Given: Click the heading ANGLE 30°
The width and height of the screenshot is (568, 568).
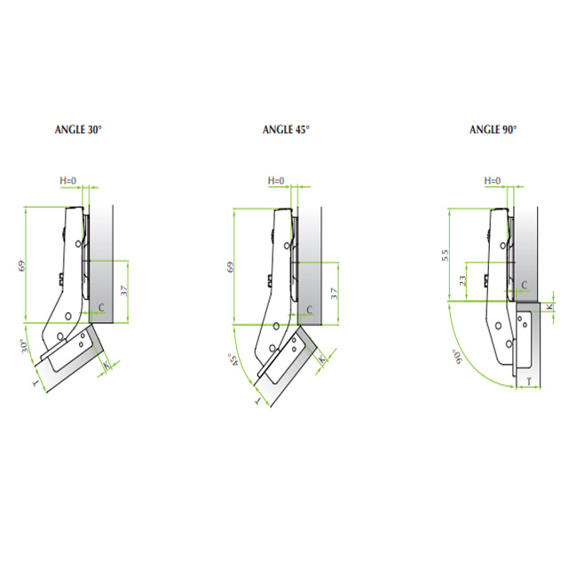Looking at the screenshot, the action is (78, 130).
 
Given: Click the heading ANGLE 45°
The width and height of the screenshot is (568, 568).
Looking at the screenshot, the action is (286, 130).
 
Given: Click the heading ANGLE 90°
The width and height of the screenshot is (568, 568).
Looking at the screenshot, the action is (493, 130).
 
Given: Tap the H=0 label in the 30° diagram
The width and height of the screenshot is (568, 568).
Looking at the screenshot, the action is (68, 180).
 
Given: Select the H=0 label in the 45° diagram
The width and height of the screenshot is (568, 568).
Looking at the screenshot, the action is (276, 180).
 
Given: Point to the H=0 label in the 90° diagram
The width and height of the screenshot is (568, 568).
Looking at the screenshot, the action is (493, 180).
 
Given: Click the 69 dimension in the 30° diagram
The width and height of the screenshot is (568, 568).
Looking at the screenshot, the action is (21, 266).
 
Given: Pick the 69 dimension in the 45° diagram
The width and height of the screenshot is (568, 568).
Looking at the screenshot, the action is (230, 267).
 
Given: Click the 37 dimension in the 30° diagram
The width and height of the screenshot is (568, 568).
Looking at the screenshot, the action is (124, 290).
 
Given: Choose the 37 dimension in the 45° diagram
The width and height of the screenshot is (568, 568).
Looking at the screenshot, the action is (334, 293).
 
